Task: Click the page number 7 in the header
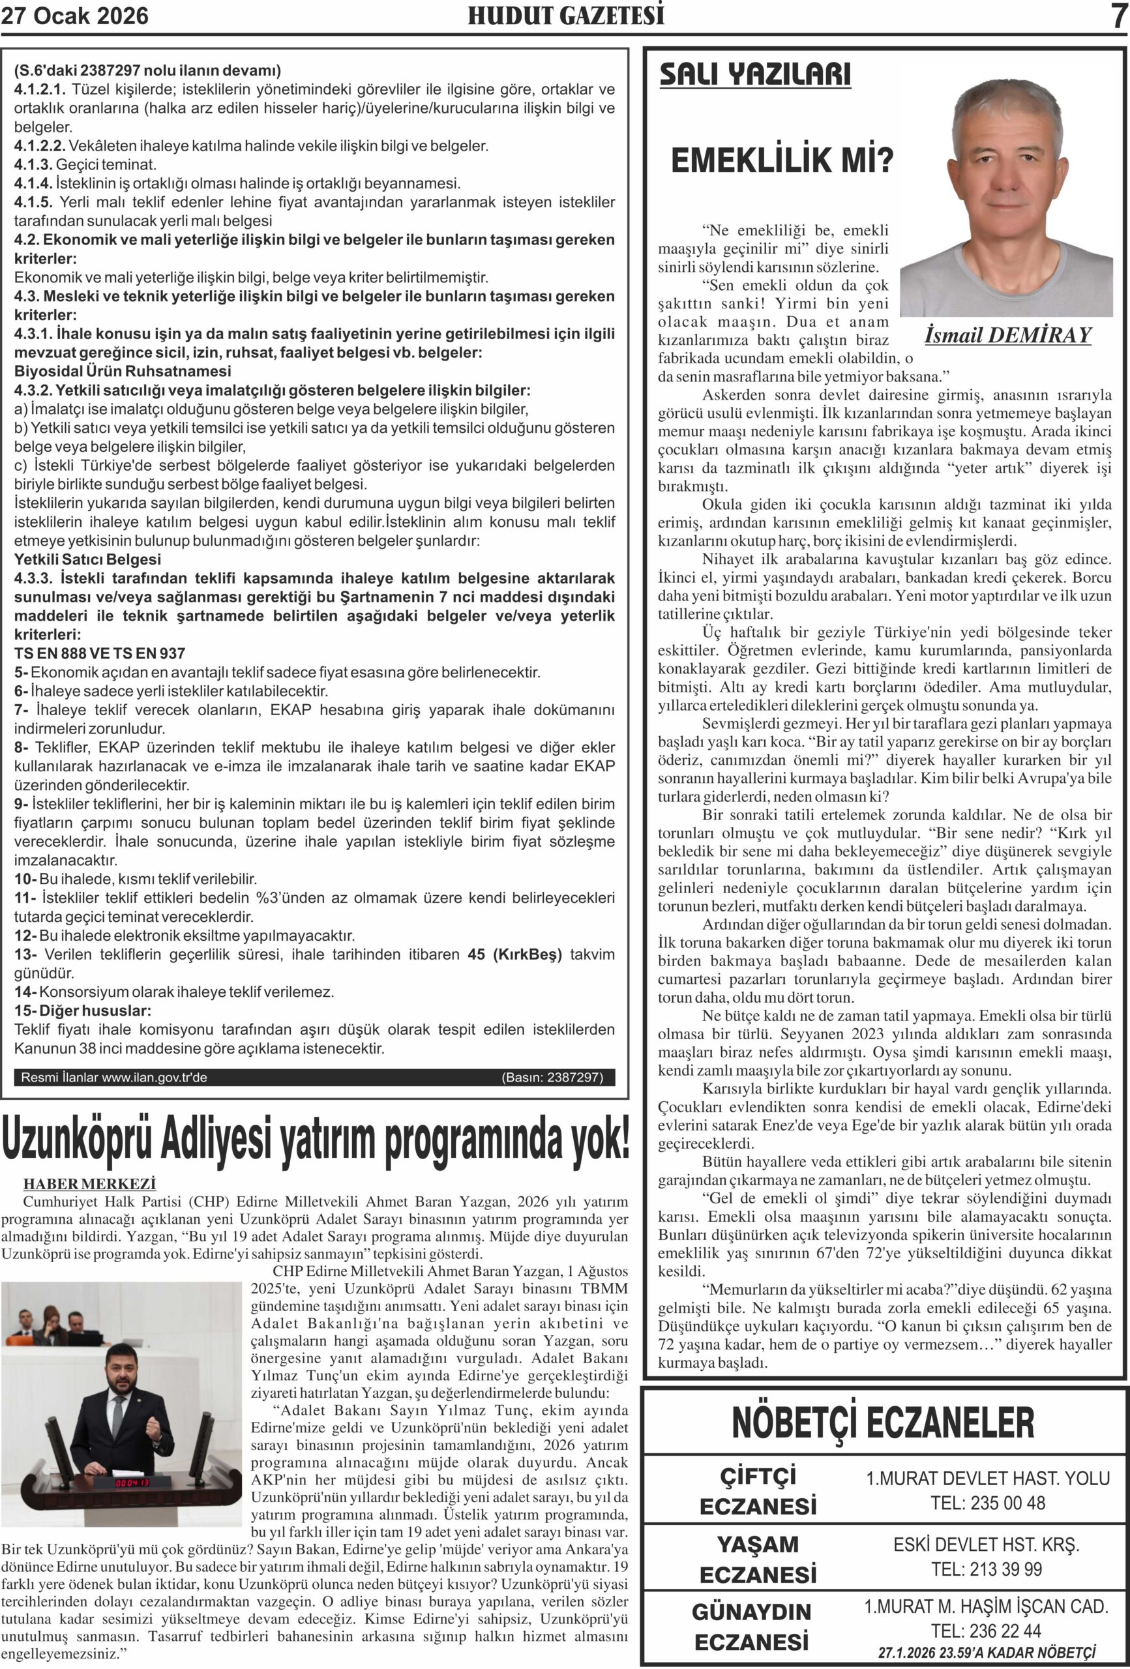tap(1118, 16)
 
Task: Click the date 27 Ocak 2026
tap(75, 16)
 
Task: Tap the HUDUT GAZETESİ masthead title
tap(566, 16)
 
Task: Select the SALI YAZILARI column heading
tap(755, 75)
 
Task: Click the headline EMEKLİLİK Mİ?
tap(782, 161)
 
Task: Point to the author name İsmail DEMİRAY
tap(1008, 335)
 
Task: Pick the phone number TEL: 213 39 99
tap(987, 1569)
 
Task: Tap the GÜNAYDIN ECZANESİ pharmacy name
tap(751, 1627)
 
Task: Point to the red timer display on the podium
tap(132, 1483)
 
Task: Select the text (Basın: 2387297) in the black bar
tap(552, 1077)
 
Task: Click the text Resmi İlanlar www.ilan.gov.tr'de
tap(114, 1077)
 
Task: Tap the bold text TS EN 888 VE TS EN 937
tap(100, 653)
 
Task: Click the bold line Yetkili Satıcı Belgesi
tap(87, 559)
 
